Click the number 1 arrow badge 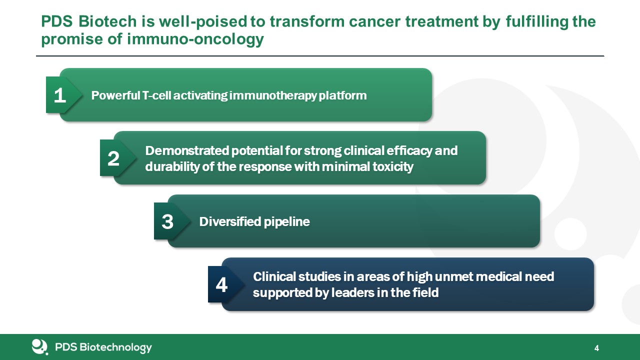[x=63, y=95]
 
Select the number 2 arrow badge [x=117, y=158]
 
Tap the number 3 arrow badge [x=171, y=221]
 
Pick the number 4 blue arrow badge [x=225, y=284]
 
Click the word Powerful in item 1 [x=115, y=95]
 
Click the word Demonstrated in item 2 [x=187, y=150]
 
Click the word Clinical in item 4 [x=274, y=276]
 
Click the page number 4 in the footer [x=596, y=348]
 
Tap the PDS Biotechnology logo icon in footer [x=39, y=347]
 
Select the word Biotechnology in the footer [x=115, y=347]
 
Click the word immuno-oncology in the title [x=195, y=39]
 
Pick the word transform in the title [x=307, y=21]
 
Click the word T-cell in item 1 [x=156, y=95]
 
